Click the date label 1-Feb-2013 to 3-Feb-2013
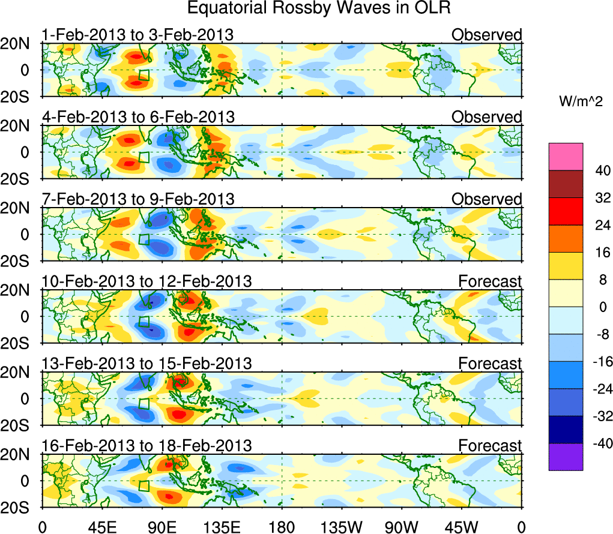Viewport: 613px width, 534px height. click(x=137, y=35)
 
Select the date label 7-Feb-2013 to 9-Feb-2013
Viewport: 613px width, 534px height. click(x=137, y=199)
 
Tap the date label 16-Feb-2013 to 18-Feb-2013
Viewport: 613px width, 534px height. click(x=146, y=446)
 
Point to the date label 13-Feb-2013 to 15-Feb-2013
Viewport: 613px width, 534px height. click(x=146, y=364)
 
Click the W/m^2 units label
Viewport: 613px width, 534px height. click(x=581, y=103)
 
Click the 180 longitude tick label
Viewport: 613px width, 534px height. click(x=282, y=526)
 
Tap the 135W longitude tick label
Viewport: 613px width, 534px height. click(x=342, y=526)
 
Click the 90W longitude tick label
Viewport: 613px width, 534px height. click(x=402, y=526)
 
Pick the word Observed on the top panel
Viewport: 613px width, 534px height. click(x=487, y=35)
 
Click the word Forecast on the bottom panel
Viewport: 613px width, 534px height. click(x=490, y=446)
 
